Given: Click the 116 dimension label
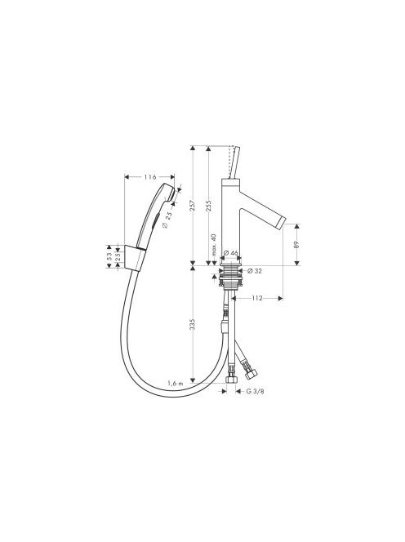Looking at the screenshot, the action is coord(150,177).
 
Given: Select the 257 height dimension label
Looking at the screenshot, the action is coord(193,206).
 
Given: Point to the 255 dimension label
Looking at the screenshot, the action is coord(208,206).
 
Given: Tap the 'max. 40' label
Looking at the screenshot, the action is coord(213,245).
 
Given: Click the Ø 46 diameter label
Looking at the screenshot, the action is coord(231,253).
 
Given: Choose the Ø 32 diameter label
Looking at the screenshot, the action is coord(255,271).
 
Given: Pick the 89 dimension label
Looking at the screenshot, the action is coord(296,245).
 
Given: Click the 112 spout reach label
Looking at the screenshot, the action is coord(257,298).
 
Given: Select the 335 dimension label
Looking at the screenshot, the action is coord(193,325).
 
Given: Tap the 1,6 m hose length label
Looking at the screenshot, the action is coord(176,383).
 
